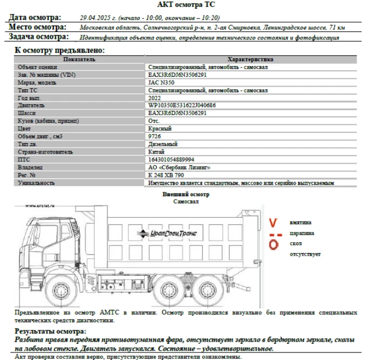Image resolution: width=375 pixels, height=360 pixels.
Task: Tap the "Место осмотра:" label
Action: pos(37,26)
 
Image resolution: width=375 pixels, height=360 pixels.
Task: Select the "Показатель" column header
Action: pos(79,59)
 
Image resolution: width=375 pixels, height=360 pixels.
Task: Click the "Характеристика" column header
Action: pos(250,59)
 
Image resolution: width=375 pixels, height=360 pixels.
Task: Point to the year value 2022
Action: pos(155,98)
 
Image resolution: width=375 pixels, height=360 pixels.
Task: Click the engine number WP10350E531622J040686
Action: pos(182,105)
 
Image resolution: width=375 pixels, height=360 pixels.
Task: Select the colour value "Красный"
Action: pos(159,129)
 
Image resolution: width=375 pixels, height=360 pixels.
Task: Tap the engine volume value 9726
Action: pos(154,136)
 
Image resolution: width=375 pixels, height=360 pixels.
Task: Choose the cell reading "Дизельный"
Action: pos(163,144)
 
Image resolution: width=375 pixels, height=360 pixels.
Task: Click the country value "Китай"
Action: pos(157,152)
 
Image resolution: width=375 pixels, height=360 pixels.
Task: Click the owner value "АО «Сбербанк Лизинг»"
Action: pos(176,168)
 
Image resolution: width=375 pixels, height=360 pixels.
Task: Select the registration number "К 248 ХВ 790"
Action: pos(166,175)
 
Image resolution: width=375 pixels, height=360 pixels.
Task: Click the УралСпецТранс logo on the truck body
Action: pos(167,233)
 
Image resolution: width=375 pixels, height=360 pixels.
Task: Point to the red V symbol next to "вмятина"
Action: pos(274,222)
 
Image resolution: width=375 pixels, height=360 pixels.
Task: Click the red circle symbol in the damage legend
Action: pos(274,245)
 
